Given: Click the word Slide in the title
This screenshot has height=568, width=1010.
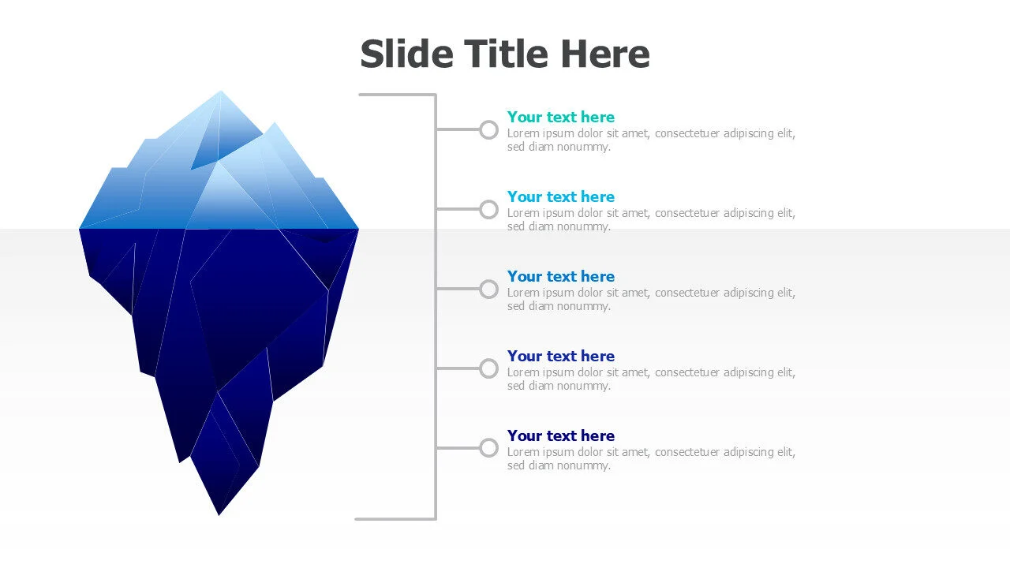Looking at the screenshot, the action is pyautogui.click(x=407, y=54).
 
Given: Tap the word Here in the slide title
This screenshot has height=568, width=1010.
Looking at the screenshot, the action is pyautogui.click(x=605, y=54).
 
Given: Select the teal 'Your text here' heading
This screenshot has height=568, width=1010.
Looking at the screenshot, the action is pyautogui.click(x=561, y=117).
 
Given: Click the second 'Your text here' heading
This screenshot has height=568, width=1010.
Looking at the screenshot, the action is pyautogui.click(x=561, y=196).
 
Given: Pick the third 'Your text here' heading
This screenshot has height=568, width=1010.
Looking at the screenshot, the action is pyautogui.click(x=561, y=276).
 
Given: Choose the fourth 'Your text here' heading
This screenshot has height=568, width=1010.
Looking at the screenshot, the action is pyautogui.click(x=561, y=356).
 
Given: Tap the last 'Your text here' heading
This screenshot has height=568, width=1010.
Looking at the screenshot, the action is pyautogui.click(x=561, y=435).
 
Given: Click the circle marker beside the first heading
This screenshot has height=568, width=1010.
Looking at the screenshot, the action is pyautogui.click(x=481, y=130).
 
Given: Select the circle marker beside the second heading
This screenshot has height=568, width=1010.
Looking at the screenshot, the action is pyautogui.click(x=481, y=210).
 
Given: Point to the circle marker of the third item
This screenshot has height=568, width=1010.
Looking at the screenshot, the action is pyautogui.click(x=481, y=290).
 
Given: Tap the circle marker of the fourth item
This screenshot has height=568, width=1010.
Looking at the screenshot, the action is pyautogui.click(x=481, y=368).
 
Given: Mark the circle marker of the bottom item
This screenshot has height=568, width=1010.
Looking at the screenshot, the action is pyautogui.click(x=481, y=448).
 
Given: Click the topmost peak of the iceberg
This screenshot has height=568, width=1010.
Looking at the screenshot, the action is pyautogui.click(x=220, y=91).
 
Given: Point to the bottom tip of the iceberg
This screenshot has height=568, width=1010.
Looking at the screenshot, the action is pyautogui.click(x=219, y=515).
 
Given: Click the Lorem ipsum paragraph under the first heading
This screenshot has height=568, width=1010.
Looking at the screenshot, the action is pyautogui.click(x=651, y=140).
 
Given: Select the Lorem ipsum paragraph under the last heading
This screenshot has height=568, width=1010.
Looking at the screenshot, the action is pyautogui.click(x=651, y=459).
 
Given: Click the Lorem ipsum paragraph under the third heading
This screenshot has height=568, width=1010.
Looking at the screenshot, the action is pyautogui.click(x=651, y=299).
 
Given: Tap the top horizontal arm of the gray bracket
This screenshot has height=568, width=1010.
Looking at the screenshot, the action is pyautogui.click(x=397, y=95).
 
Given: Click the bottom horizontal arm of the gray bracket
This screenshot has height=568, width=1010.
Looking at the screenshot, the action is pyautogui.click(x=395, y=519).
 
